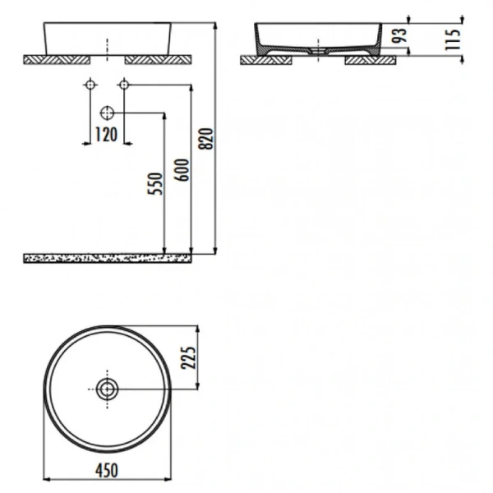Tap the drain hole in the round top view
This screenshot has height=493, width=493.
(x=107, y=389)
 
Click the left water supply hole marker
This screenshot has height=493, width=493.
(x=89, y=85)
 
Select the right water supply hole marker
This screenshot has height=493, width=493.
(x=124, y=85)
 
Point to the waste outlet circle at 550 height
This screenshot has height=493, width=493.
(x=108, y=113)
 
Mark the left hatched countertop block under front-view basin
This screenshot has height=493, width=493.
(x=56, y=59)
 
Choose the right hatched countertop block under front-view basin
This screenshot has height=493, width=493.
(x=158, y=59)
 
